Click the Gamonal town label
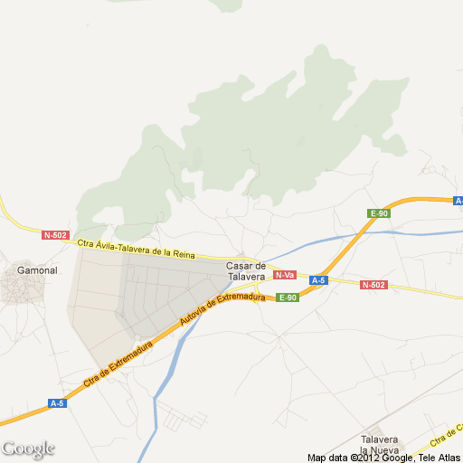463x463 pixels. coord(37,269)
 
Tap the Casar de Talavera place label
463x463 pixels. coord(245,270)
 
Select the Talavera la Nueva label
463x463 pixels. coord(379,444)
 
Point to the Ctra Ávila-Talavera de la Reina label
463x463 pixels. coord(136,248)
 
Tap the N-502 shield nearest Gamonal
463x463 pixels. coord(55,235)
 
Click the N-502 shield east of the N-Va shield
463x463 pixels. coord(373,285)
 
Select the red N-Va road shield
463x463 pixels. coord(285,275)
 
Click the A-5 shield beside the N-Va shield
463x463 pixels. coord(317,280)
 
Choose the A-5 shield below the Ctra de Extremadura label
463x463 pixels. coord(58,402)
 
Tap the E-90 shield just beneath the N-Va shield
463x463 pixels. coord(288,298)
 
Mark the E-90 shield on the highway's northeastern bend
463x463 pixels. coord(379,213)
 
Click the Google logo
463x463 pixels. coord(28,449)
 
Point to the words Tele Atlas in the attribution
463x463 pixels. coord(439,458)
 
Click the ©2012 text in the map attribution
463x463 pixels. coord(367,458)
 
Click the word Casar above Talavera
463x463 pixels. coord(239,265)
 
